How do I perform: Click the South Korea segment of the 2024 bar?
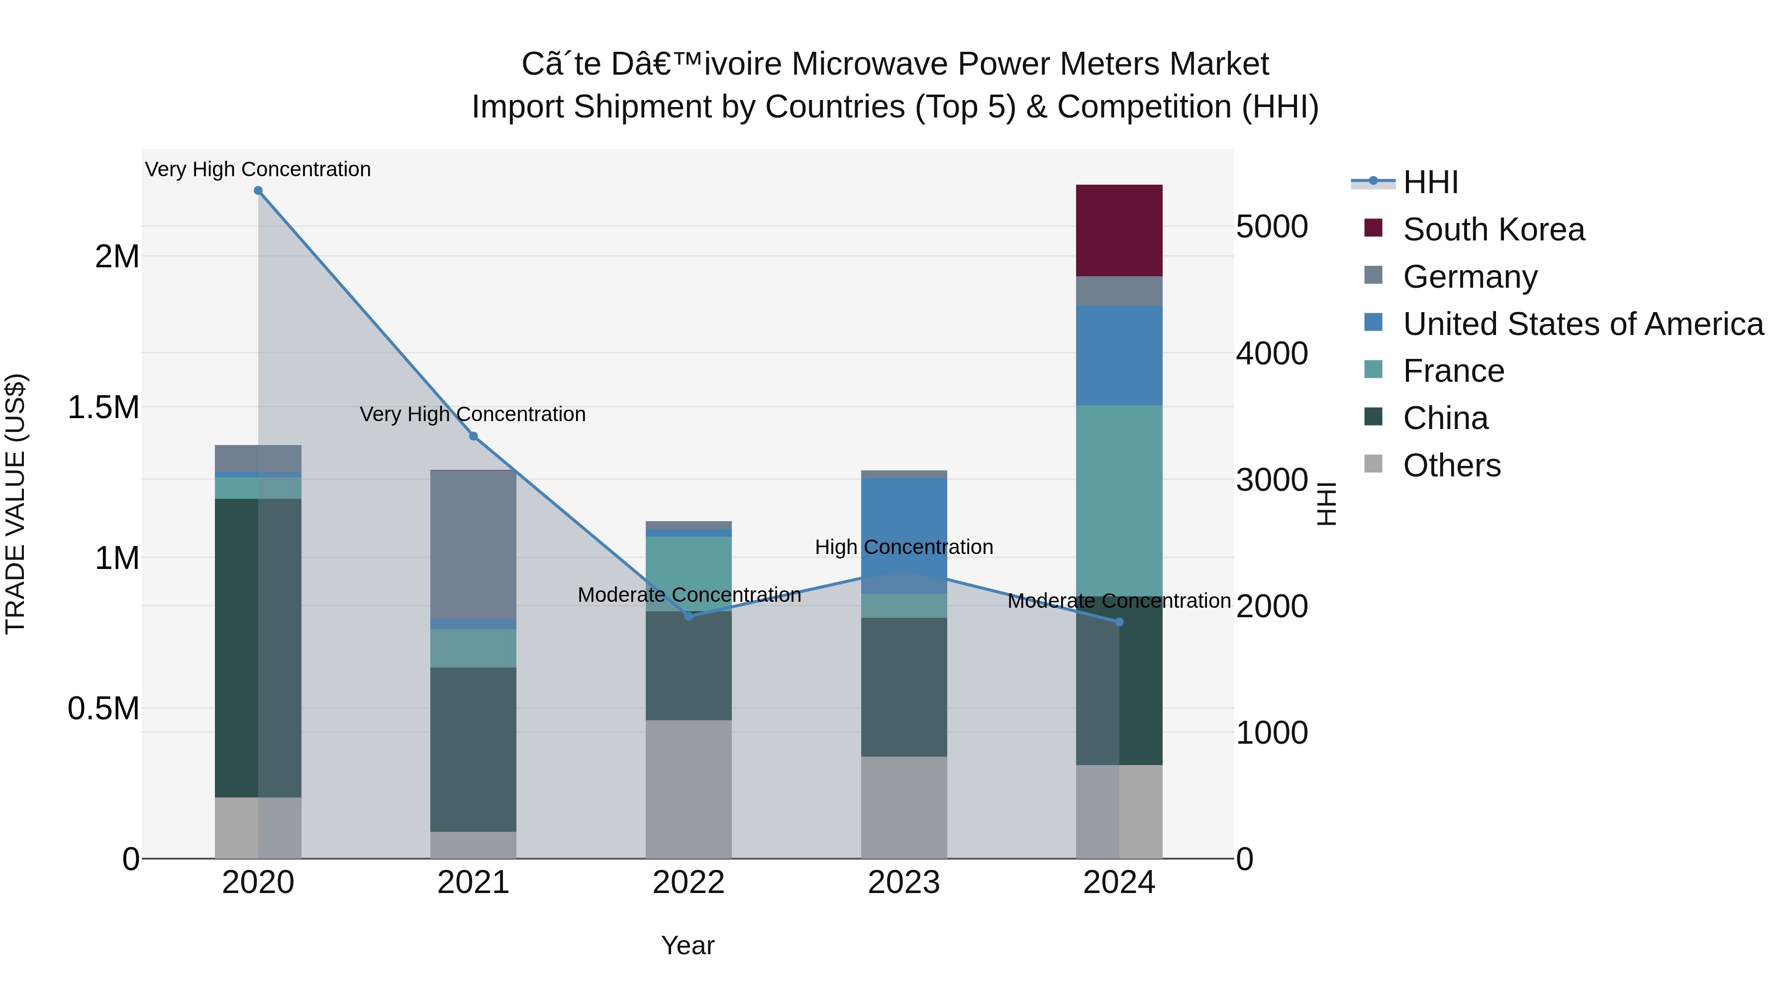[1119, 230]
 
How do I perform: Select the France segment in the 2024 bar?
[1119, 501]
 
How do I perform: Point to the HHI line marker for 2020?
[258, 191]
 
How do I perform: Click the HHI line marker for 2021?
[474, 436]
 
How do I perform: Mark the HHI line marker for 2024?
[1119, 622]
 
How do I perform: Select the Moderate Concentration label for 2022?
[689, 595]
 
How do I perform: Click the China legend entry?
[1445, 418]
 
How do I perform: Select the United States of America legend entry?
[1583, 324]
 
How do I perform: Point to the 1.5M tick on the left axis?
[103, 408]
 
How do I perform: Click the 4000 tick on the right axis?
[1272, 353]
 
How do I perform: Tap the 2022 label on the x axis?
[689, 883]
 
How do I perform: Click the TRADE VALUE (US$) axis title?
[15, 504]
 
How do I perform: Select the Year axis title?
[688, 945]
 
